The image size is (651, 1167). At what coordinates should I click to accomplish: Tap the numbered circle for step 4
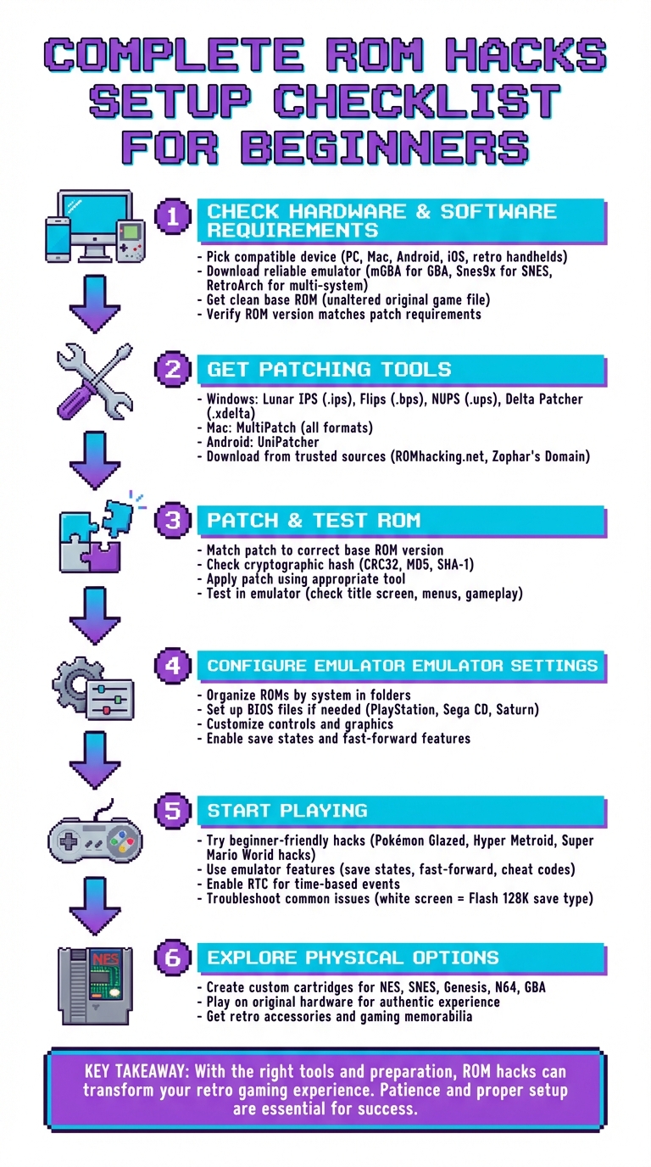tap(173, 665)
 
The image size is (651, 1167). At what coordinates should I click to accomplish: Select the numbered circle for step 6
tap(173, 957)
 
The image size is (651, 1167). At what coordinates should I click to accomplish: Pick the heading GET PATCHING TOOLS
tap(329, 370)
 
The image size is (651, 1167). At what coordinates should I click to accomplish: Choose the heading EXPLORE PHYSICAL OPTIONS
tap(353, 958)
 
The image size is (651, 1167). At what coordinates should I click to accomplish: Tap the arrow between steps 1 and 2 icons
tap(93, 306)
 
